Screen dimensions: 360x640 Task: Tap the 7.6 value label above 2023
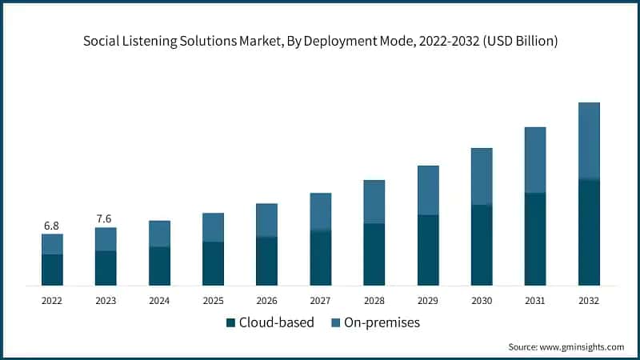[x=106, y=218]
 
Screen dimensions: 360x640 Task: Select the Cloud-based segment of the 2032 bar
[x=589, y=232]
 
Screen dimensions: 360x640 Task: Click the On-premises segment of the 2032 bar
[x=589, y=141]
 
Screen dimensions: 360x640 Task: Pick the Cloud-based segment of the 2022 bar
[x=52, y=270]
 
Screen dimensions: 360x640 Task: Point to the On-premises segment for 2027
[x=321, y=212]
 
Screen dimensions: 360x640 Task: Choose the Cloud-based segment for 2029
[x=428, y=250]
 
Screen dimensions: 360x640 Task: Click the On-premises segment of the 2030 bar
[x=482, y=176]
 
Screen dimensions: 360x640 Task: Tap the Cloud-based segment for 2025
[x=213, y=263]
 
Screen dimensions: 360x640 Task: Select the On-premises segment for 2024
[x=159, y=234]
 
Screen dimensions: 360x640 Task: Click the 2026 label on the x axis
[x=266, y=301]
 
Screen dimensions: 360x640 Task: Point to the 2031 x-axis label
[x=535, y=301]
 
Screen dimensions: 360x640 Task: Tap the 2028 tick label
[x=374, y=301]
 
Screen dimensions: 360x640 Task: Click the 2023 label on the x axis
[x=106, y=301]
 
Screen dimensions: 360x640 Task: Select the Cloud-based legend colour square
[x=231, y=322]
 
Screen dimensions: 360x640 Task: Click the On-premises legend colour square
[x=337, y=322]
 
